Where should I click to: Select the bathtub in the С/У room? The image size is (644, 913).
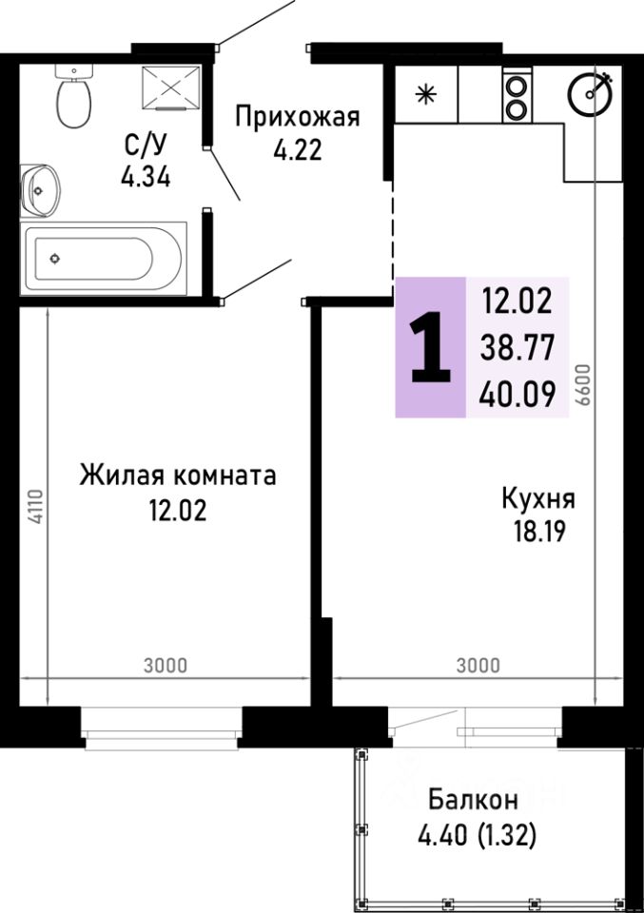[105, 258]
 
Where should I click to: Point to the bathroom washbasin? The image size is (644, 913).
[40, 188]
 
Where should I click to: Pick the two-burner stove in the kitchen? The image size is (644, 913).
[516, 96]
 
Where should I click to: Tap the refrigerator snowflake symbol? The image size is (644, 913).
[426, 95]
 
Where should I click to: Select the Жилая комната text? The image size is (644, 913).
[178, 475]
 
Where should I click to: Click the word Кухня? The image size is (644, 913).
[538, 498]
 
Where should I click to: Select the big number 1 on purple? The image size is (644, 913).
[430, 348]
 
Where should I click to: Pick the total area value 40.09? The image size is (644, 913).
[517, 393]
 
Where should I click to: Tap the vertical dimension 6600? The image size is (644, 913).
[583, 385]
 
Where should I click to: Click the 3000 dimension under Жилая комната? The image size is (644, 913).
[166, 665]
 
